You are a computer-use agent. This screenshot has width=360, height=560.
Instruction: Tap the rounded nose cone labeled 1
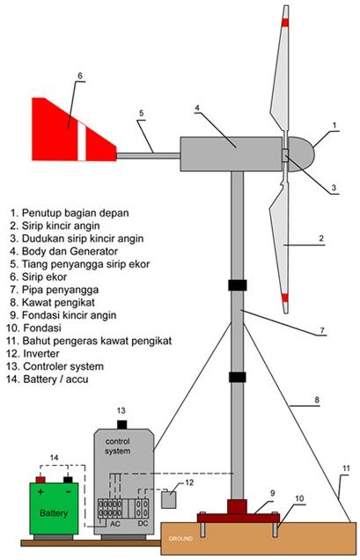point(304,151)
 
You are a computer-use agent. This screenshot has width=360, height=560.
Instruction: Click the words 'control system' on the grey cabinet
point(122,446)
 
